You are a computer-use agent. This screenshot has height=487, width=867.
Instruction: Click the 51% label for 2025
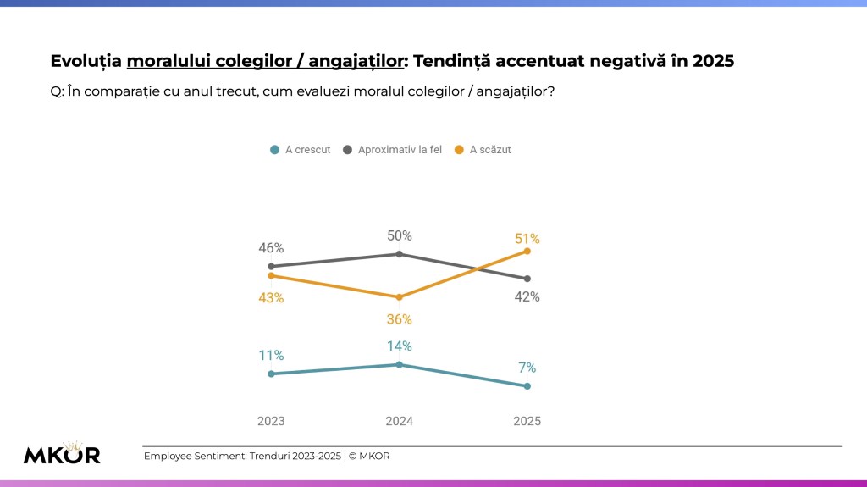[x=527, y=238]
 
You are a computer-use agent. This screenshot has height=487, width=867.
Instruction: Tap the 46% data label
[x=271, y=248]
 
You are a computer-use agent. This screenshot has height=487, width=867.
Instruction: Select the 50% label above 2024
[x=400, y=235]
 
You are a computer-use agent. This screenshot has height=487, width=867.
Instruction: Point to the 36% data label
[x=400, y=319]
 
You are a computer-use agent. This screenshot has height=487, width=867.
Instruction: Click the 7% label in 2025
[x=527, y=368]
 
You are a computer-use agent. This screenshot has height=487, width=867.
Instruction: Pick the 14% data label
[x=400, y=346]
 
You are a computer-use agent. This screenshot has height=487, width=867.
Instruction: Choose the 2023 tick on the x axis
[x=271, y=421]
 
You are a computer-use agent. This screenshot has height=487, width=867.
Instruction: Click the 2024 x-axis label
[x=400, y=421]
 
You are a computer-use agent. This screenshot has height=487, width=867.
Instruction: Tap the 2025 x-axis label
[x=527, y=421]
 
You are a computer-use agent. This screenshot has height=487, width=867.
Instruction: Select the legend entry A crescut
[x=301, y=150]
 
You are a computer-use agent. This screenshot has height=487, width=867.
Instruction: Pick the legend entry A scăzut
[x=483, y=150]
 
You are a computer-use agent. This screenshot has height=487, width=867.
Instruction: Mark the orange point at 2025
[x=527, y=251]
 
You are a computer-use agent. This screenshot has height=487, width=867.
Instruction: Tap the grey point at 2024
[x=400, y=254]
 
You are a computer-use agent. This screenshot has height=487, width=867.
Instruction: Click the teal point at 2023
[x=271, y=374]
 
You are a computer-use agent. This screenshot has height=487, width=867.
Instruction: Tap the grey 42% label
[x=527, y=297]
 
